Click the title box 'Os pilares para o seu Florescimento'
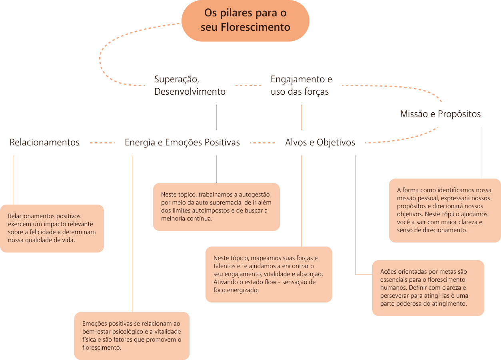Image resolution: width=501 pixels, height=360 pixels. [x=245, y=20]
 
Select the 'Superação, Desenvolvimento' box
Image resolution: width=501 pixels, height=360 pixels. [x=190, y=86]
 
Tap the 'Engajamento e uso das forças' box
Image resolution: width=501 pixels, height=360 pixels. [x=301, y=86]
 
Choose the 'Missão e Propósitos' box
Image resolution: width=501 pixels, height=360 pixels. [x=440, y=114]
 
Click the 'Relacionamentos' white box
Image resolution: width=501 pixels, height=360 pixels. [x=44, y=143]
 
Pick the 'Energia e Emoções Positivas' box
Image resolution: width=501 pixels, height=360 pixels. [x=182, y=143]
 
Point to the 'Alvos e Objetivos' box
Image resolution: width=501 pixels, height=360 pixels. [x=320, y=143]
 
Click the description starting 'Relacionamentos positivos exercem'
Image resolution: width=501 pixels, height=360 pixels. [x=52, y=228]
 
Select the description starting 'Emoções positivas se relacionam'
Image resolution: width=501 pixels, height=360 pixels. [x=132, y=336]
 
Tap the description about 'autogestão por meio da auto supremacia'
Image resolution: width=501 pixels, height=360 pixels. [x=216, y=207]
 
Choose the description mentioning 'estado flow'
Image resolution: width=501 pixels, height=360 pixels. [x=268, y=274]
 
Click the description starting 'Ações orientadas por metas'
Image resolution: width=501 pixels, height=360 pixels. [x=428, y=288]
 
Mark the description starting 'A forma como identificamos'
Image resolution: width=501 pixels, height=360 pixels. [x=445, y=210]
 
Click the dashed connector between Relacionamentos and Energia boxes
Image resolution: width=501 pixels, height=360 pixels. [x=102, y=143]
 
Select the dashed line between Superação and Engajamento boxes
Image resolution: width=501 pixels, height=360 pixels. [x=248, y=86]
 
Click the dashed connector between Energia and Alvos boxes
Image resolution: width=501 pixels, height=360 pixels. [x=263, y=143]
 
